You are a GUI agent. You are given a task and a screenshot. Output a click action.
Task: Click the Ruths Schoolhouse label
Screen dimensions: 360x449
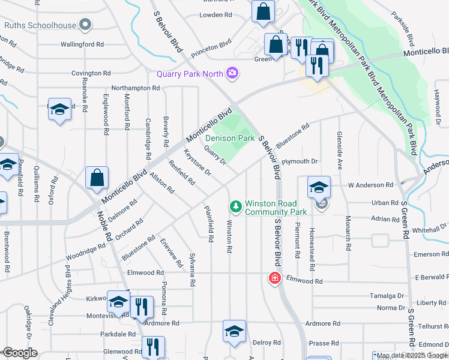[x=41, y=25]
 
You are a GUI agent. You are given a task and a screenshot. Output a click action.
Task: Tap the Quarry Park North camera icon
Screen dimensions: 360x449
[x=232, y=74]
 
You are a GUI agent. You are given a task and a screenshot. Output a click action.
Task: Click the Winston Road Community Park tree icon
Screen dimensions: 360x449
[x=236, y=206]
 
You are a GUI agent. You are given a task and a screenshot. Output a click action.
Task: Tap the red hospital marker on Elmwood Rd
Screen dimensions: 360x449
[x=274, y=278]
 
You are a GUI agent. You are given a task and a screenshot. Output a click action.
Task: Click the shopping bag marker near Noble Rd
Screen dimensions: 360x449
[x=96, y=178]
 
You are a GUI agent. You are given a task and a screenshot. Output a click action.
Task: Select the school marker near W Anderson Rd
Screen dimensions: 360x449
[x=319, y=187]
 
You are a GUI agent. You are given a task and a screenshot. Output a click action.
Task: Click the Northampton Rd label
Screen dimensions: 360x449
[x=135, y=88]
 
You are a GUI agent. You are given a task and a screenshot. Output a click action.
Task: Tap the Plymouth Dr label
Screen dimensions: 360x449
[x=300, y=161]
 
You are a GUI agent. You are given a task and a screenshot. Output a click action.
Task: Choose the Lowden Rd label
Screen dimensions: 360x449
[x=215, y=14]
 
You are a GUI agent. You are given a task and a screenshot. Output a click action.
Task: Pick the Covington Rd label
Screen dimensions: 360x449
[x=91, y=73]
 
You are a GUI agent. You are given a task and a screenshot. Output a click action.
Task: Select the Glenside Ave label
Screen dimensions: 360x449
[x=339, y=151]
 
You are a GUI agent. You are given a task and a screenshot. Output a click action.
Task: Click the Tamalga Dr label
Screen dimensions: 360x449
[x=387, y=296]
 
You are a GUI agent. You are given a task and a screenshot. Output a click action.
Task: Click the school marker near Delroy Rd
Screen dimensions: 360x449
[x=234, y=331]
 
